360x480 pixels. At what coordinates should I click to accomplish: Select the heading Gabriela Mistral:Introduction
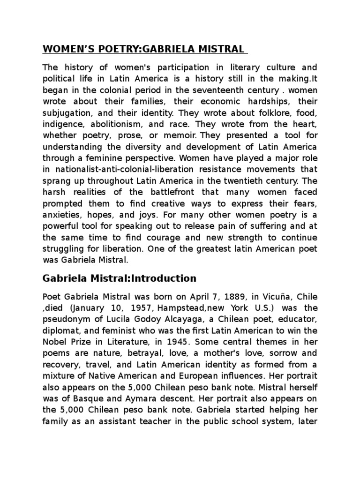pos(120,278)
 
